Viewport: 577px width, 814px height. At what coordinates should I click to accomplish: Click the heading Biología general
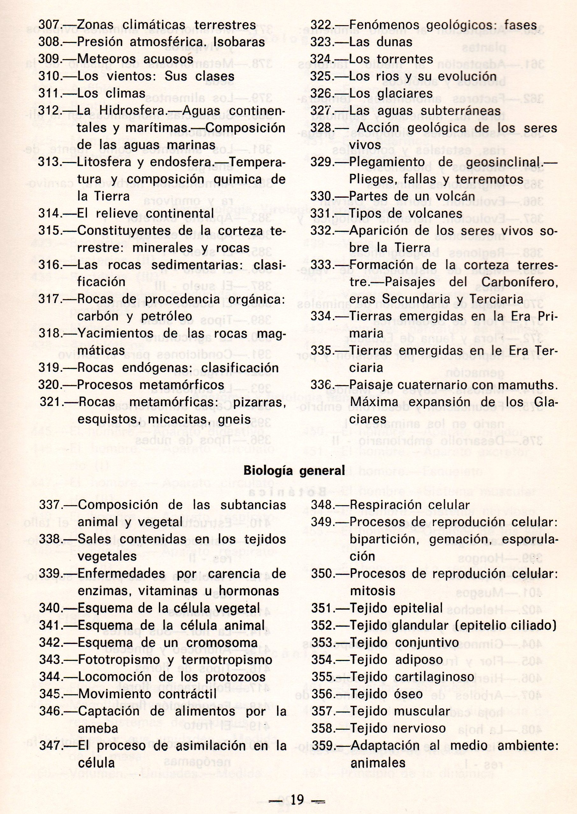(294, 471)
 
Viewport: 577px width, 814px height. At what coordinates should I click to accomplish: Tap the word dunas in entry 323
(392, 42)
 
